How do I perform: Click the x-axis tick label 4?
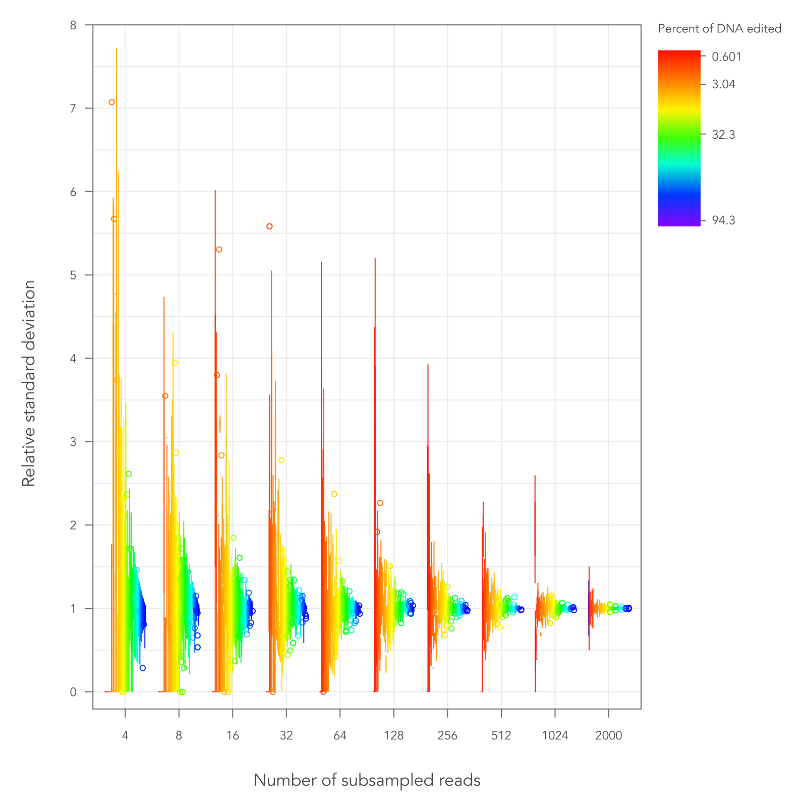point(125,736)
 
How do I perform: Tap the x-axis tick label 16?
point(233,736)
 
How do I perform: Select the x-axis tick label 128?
point(393,736)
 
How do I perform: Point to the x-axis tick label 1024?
point(555,736)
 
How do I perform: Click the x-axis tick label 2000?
point(608,736)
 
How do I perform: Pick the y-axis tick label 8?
point(74,25)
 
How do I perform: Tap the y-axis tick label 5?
point(74,275)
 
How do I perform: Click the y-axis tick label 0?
point(74,692)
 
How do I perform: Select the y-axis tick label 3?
point(74,442)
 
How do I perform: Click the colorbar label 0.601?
point(726,57)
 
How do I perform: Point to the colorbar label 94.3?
point(723,220)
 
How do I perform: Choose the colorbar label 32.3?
point(723,135)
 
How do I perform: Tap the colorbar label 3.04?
point(723,84)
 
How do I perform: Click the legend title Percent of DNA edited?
point(719,29)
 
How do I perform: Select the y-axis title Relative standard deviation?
point(29,383)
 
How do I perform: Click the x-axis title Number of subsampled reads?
point(367,781)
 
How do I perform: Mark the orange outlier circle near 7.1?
point(111,102)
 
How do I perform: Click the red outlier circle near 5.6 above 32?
point(269,226)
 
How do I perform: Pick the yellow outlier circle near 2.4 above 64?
point(334,494)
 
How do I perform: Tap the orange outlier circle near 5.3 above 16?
point(219,250)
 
